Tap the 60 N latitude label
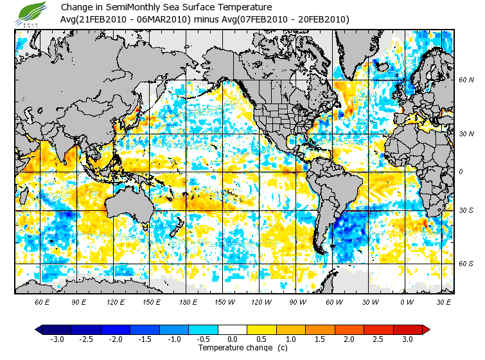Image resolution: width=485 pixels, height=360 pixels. tap(466, 80)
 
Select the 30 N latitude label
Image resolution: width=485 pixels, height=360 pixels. tap(466, 134)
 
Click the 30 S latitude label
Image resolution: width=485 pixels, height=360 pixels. tap(466, 211)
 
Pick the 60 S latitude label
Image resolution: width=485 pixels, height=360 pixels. tap(466, 264)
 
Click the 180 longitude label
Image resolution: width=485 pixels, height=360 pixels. tap(187, 301)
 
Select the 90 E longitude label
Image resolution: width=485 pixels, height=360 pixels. tap(78, 301)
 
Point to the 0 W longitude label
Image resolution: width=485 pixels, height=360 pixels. tap(406, 301)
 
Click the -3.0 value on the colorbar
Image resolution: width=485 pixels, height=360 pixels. tap(58, 339)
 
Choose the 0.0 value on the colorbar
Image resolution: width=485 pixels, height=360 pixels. tap(233, 339)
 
